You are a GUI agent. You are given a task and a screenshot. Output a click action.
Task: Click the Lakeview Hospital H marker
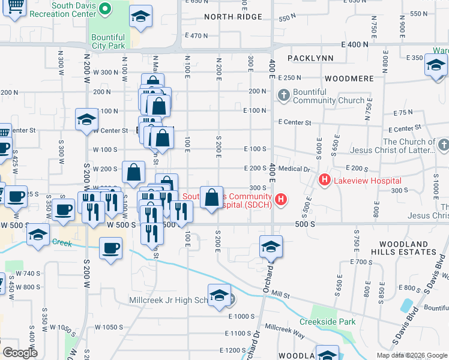(x=325, y=179)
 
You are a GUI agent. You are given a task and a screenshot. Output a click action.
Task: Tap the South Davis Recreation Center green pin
(x=105, y=8)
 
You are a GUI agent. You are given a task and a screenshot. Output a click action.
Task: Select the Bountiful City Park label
(x=108, y=41)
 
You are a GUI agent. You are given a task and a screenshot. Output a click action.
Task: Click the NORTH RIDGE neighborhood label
(x=233, y=17)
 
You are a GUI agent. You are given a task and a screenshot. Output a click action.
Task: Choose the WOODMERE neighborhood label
(x=349, y=79)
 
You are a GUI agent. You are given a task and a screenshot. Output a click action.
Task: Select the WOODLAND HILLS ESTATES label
(x=403, y=248)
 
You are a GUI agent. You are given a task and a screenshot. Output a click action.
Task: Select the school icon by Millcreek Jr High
(x=220, y=296)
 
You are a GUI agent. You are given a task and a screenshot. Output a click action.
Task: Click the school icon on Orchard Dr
(x=271, y=247)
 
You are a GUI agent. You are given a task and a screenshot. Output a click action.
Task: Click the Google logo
(x=20, y=353)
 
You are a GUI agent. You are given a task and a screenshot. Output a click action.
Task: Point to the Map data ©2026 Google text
(x=412, y=355)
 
